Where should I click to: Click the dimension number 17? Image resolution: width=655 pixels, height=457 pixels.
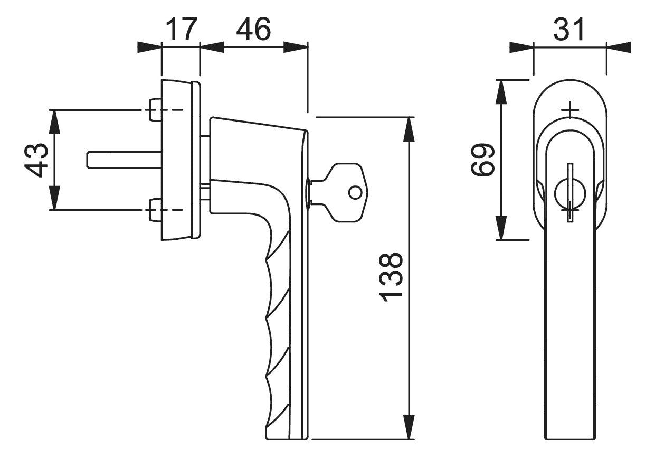click(x=182, y=29)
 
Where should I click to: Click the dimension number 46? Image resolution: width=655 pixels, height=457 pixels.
click(x=253, y=29)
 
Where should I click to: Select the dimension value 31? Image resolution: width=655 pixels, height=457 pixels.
click(x=569, y=29)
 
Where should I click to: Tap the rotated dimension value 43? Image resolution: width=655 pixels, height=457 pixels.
click(x=36, y=160)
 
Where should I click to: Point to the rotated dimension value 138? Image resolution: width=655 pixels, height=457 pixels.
click(x=391, y=277)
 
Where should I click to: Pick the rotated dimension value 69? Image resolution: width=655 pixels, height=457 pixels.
click(x=482, y=160)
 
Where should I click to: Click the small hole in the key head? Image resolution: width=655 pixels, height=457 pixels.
click(x=355, y=192)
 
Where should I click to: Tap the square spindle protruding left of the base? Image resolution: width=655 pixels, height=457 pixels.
click(x=124, y=160)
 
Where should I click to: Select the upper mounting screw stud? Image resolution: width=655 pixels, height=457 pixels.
click(x=155, y=110)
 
